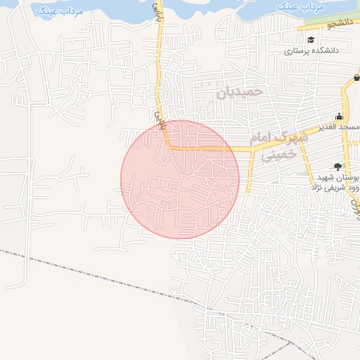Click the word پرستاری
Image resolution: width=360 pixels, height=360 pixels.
click(x=297, y=51)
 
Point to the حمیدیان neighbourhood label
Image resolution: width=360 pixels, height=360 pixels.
click(x=240, y=91)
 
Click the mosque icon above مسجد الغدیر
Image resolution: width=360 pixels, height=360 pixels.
click(x=340, y=116)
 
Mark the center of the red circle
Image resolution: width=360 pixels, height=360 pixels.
click(x=180, y=179)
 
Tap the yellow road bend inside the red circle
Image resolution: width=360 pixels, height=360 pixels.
click(x=168, y=146)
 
